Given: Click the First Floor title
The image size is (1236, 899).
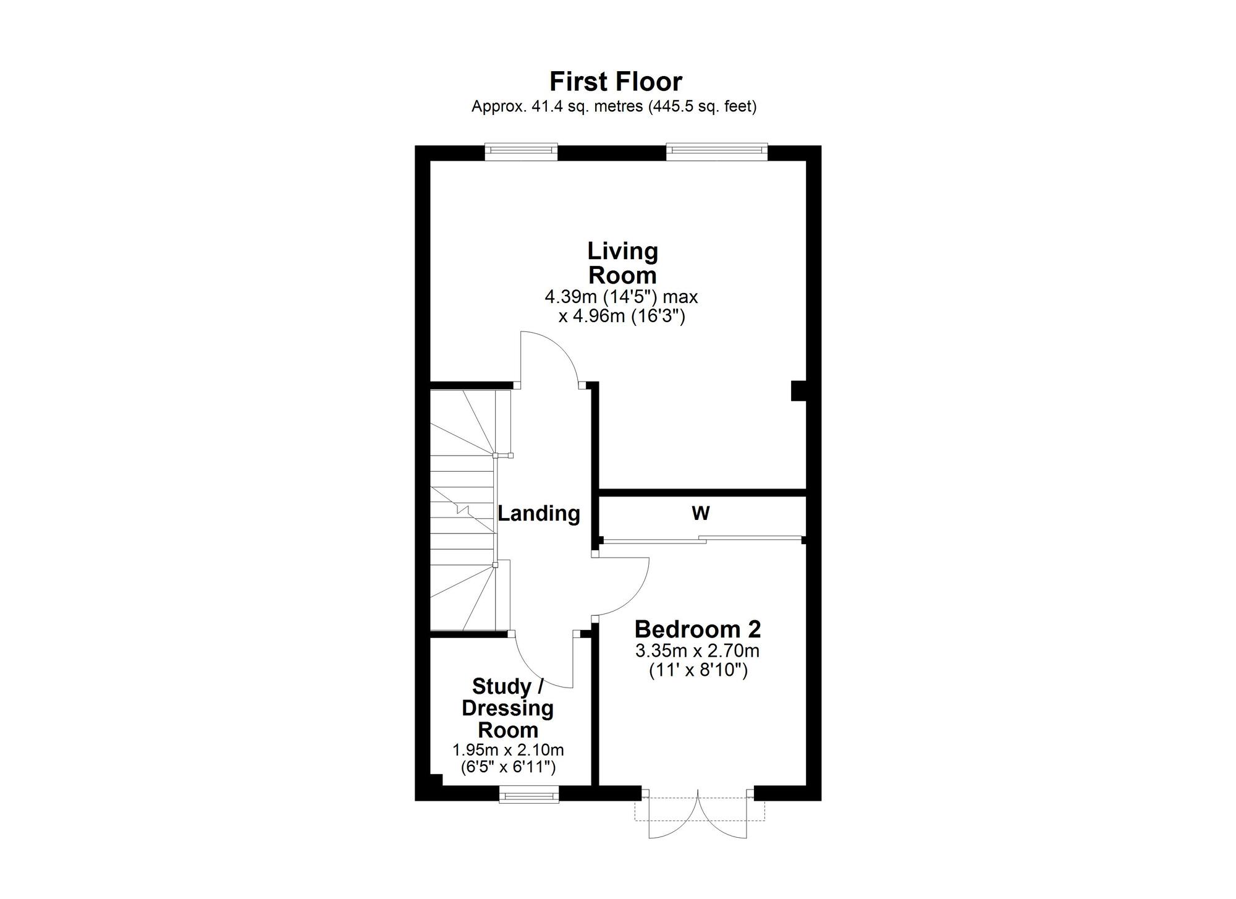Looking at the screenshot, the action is tap(616, 82).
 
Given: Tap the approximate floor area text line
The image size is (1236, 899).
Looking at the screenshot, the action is tap(614, 106).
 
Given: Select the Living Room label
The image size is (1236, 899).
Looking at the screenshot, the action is tap(622, 263).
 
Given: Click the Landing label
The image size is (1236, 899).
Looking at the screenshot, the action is tap(539, 513).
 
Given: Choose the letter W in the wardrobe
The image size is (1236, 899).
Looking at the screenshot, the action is tap(701, 513).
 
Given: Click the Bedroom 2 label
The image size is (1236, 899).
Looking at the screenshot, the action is tap(698, 629).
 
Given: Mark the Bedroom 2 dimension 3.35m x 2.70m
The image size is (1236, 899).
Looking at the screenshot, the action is tap(698, 651).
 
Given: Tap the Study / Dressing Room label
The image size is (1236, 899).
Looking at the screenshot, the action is tap(508, 709).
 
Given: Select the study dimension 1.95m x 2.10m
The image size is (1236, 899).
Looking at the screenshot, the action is tap(508, 751).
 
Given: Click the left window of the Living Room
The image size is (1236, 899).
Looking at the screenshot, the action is tap(521, 151).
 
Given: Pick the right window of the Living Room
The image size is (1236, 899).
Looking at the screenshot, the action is tap(717, 151).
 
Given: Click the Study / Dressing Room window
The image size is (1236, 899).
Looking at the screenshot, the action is tap(529, 793).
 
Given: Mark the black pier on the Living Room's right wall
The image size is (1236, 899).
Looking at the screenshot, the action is tap(799, 391).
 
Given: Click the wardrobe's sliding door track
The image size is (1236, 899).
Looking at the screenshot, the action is tap(703, 540).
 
